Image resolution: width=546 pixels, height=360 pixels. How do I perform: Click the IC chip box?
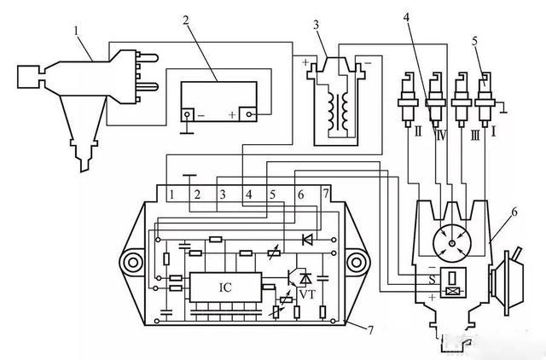pos(225,287)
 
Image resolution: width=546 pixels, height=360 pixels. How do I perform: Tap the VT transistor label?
pos(307,295)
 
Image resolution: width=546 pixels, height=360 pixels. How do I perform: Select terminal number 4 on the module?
pos(248,195)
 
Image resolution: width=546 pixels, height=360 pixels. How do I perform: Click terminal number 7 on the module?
pos(326,194)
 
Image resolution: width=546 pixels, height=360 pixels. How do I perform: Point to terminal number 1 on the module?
pos(171,195)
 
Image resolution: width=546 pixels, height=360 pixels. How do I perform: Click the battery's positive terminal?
pos(248,114)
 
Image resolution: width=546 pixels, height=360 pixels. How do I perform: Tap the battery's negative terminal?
pos(188,114)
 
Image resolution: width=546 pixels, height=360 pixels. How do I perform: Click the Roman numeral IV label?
pos(442,134)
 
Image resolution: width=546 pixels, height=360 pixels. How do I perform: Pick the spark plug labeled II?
pos(408,99)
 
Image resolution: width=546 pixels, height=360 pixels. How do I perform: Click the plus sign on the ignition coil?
pos(305,63)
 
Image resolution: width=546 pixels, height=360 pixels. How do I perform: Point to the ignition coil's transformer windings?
pos(338,112)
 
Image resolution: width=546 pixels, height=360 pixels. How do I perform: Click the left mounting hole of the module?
pos(132,263)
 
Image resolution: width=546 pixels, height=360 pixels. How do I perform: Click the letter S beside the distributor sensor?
pos(432,280)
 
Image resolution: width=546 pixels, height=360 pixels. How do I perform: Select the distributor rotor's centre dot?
pos(451,244)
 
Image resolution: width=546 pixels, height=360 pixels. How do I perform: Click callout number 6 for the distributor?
pos(514,212)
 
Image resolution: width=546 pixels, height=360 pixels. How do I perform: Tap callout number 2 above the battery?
pos(186,20)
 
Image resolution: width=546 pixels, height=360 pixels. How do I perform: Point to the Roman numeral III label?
pos(475,134)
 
